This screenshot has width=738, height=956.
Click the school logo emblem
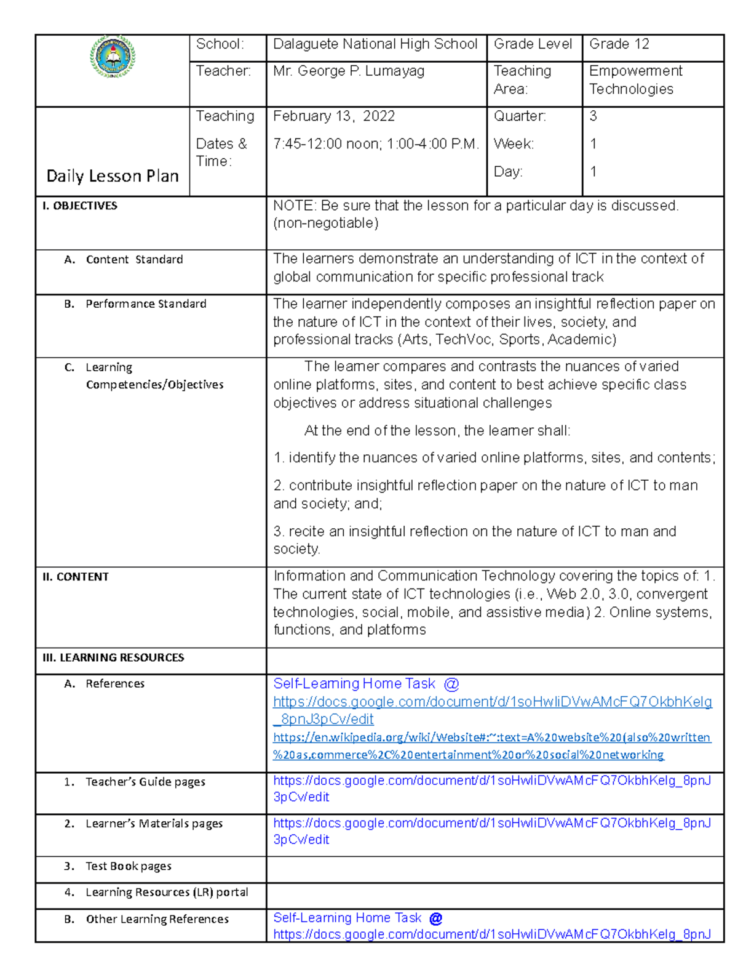[113, 57]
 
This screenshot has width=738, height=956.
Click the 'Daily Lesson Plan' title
[113, 176]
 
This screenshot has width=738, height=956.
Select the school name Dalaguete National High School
[375, 44]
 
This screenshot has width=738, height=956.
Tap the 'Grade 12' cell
[619, 44]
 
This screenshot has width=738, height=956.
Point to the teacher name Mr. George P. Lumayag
[349, 71]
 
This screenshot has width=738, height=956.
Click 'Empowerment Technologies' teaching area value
[635, 80]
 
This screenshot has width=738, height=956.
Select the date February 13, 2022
[334, 116]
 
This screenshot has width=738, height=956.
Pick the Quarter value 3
[593, 116]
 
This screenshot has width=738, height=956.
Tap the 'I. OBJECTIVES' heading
[79, 206]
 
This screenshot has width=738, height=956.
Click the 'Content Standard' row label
[134, 260]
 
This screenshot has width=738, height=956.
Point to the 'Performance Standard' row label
[146, 304]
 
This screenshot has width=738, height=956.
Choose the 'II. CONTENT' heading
[75, 577]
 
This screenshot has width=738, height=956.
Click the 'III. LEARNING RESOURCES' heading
[113, 657]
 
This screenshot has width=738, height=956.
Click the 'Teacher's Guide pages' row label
[145, 782]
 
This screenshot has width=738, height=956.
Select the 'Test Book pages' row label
[128, 866]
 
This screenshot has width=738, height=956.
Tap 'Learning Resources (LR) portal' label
[167, 892]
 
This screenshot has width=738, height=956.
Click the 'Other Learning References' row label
[157, 919]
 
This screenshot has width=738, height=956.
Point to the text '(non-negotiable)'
[325, 223]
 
